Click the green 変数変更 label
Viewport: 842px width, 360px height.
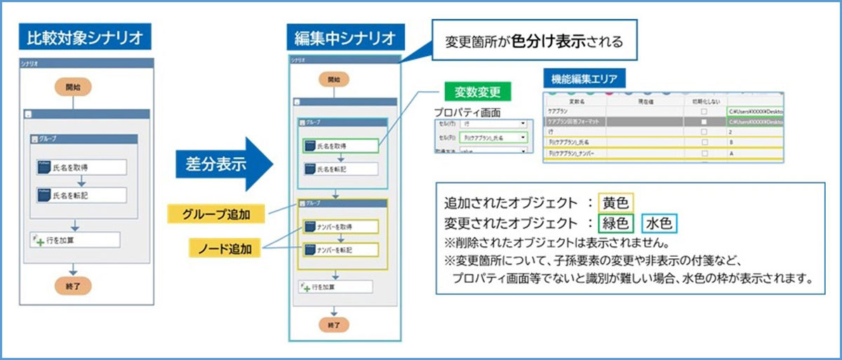click(x=477, y=92)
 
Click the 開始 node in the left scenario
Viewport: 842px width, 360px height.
click(x=73, y=87)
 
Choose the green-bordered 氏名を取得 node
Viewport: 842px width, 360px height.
click(x=340, y=146)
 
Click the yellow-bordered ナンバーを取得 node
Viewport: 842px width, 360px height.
click(x=340, y=227)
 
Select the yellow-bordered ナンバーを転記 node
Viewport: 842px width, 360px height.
click(x=340, y=249)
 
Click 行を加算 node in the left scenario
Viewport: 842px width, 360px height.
click(x=74, y=239)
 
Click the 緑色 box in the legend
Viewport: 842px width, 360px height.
click(x=615, y=224)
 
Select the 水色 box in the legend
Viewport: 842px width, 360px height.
click(x=660, y=224)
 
